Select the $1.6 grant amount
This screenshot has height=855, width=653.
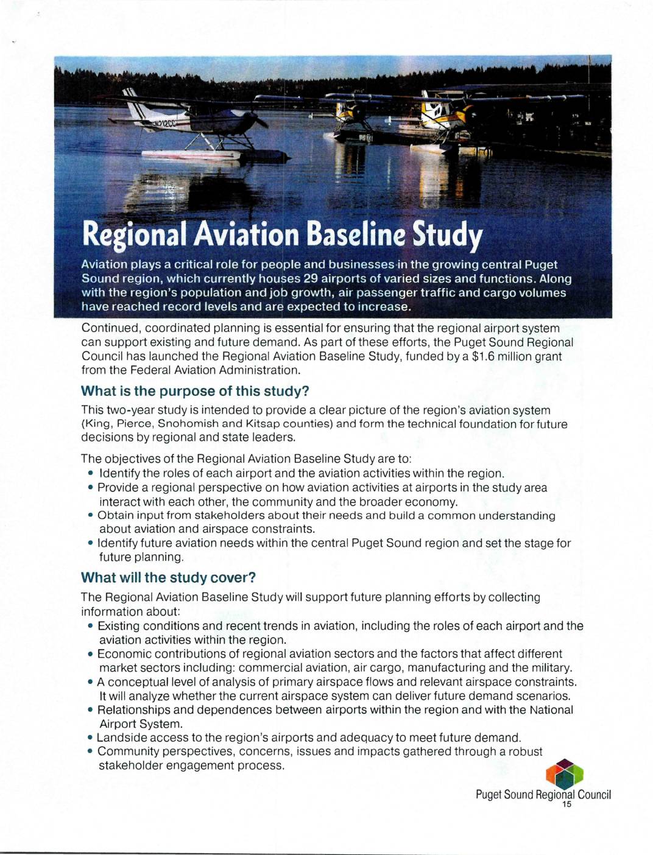click(x=488, y=356)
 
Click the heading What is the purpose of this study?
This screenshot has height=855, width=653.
click(x=195, y=391)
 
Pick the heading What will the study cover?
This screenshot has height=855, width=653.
click(x=169, y=577)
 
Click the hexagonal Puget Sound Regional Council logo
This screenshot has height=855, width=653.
click(x=565, y=774)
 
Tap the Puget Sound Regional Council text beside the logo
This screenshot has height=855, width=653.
click(x=543, y=795)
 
